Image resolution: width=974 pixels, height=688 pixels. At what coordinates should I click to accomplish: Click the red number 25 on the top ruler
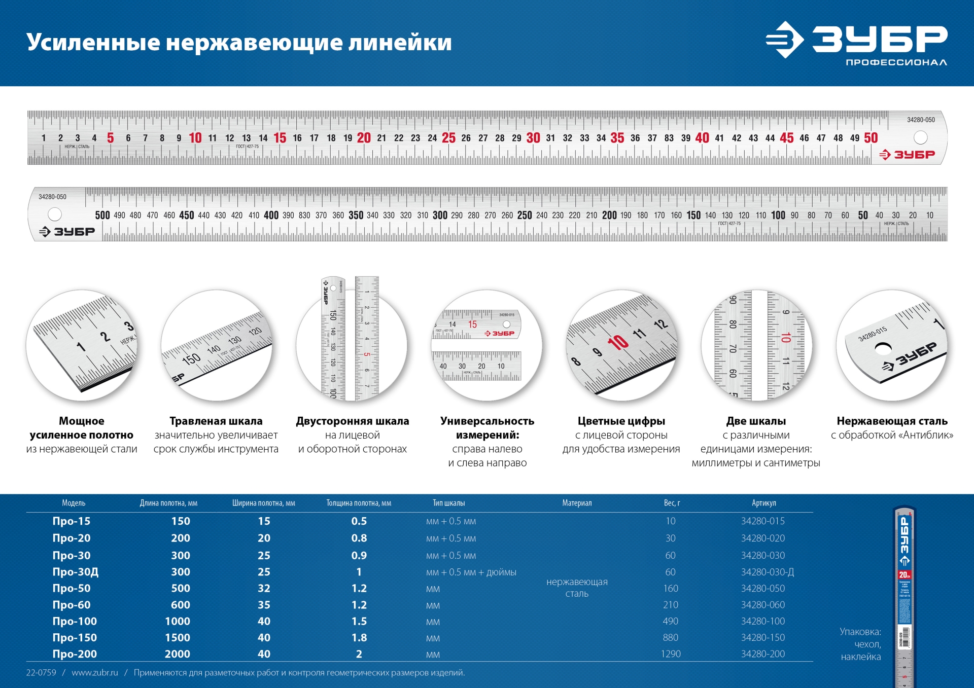point(448,138)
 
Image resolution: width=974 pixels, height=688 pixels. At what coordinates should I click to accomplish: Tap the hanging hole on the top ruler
point(920,137)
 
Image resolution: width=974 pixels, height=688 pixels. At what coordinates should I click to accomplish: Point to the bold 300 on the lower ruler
point(440,215)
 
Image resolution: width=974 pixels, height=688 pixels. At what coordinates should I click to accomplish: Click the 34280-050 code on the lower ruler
point(52,197)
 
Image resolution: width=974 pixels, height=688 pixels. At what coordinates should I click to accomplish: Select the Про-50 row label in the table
point(72,588)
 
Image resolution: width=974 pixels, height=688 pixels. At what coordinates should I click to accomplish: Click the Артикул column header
point(763,503)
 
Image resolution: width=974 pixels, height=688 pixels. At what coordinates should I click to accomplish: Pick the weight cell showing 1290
point(670,654)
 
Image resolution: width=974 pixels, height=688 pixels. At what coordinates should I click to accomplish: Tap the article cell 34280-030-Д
point(767,572)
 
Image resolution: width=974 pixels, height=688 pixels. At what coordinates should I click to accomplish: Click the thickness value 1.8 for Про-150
point(359,638)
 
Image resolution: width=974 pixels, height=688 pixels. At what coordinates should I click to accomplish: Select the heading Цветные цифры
point(621,421)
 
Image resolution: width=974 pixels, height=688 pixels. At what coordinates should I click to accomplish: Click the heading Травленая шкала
point(216,421)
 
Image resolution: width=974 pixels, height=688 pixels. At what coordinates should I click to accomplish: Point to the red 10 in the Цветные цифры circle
point(618,343)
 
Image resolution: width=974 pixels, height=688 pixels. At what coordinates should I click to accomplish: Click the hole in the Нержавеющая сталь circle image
point(883,349)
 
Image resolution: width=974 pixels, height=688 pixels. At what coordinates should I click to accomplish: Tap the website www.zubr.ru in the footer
point(95,673)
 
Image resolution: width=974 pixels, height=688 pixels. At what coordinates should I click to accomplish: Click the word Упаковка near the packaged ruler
point(860,632)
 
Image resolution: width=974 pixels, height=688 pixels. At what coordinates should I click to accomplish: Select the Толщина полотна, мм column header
point(358,503)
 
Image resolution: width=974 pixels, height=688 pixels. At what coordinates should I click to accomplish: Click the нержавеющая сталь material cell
point(577,588)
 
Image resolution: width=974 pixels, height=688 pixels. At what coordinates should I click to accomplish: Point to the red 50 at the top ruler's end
point(871,138)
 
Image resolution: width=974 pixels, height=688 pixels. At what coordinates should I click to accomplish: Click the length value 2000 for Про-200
point(177,654)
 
